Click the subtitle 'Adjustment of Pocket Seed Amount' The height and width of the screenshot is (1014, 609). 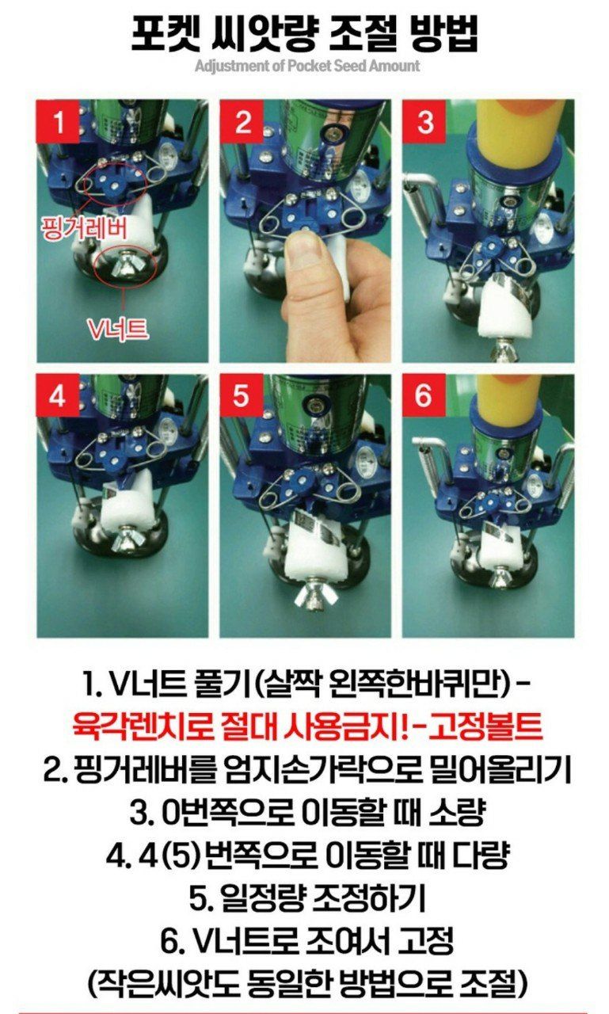[307, 66]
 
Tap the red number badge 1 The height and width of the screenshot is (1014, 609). [59, 123]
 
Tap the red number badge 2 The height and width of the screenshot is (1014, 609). [242, 123]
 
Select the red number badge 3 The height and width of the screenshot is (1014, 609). [425, 123]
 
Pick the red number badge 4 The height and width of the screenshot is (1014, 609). [59, 395]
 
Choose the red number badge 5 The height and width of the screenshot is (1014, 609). [242, 395]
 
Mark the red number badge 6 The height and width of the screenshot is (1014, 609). [425, 395]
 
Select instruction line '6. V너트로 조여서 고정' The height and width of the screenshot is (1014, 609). [307, 942]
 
